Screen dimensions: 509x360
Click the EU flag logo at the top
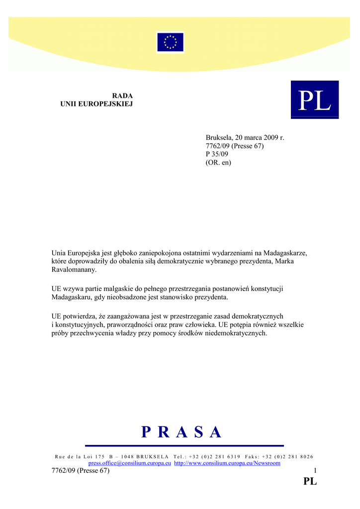point(170,42)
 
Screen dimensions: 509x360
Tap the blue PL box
point(314,99)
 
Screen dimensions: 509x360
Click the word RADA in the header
point(122,95)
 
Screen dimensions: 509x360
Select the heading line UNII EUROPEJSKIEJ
point(96,104)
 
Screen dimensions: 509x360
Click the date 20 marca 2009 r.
point(260,138)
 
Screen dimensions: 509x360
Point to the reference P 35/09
point(217,154)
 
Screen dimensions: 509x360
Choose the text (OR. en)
point(218,163)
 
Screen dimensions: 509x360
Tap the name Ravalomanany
point(74,270)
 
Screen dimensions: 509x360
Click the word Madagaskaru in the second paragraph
point(72,297)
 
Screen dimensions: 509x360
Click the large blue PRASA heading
point(181,432)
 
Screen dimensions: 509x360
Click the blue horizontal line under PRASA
point(184,445)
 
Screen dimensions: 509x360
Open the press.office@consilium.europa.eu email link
point(129,463)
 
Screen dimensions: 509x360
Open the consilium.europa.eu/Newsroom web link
point(227,463)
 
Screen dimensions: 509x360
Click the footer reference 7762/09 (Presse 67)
point(80,471)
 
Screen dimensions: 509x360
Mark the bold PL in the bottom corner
point(310,481)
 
